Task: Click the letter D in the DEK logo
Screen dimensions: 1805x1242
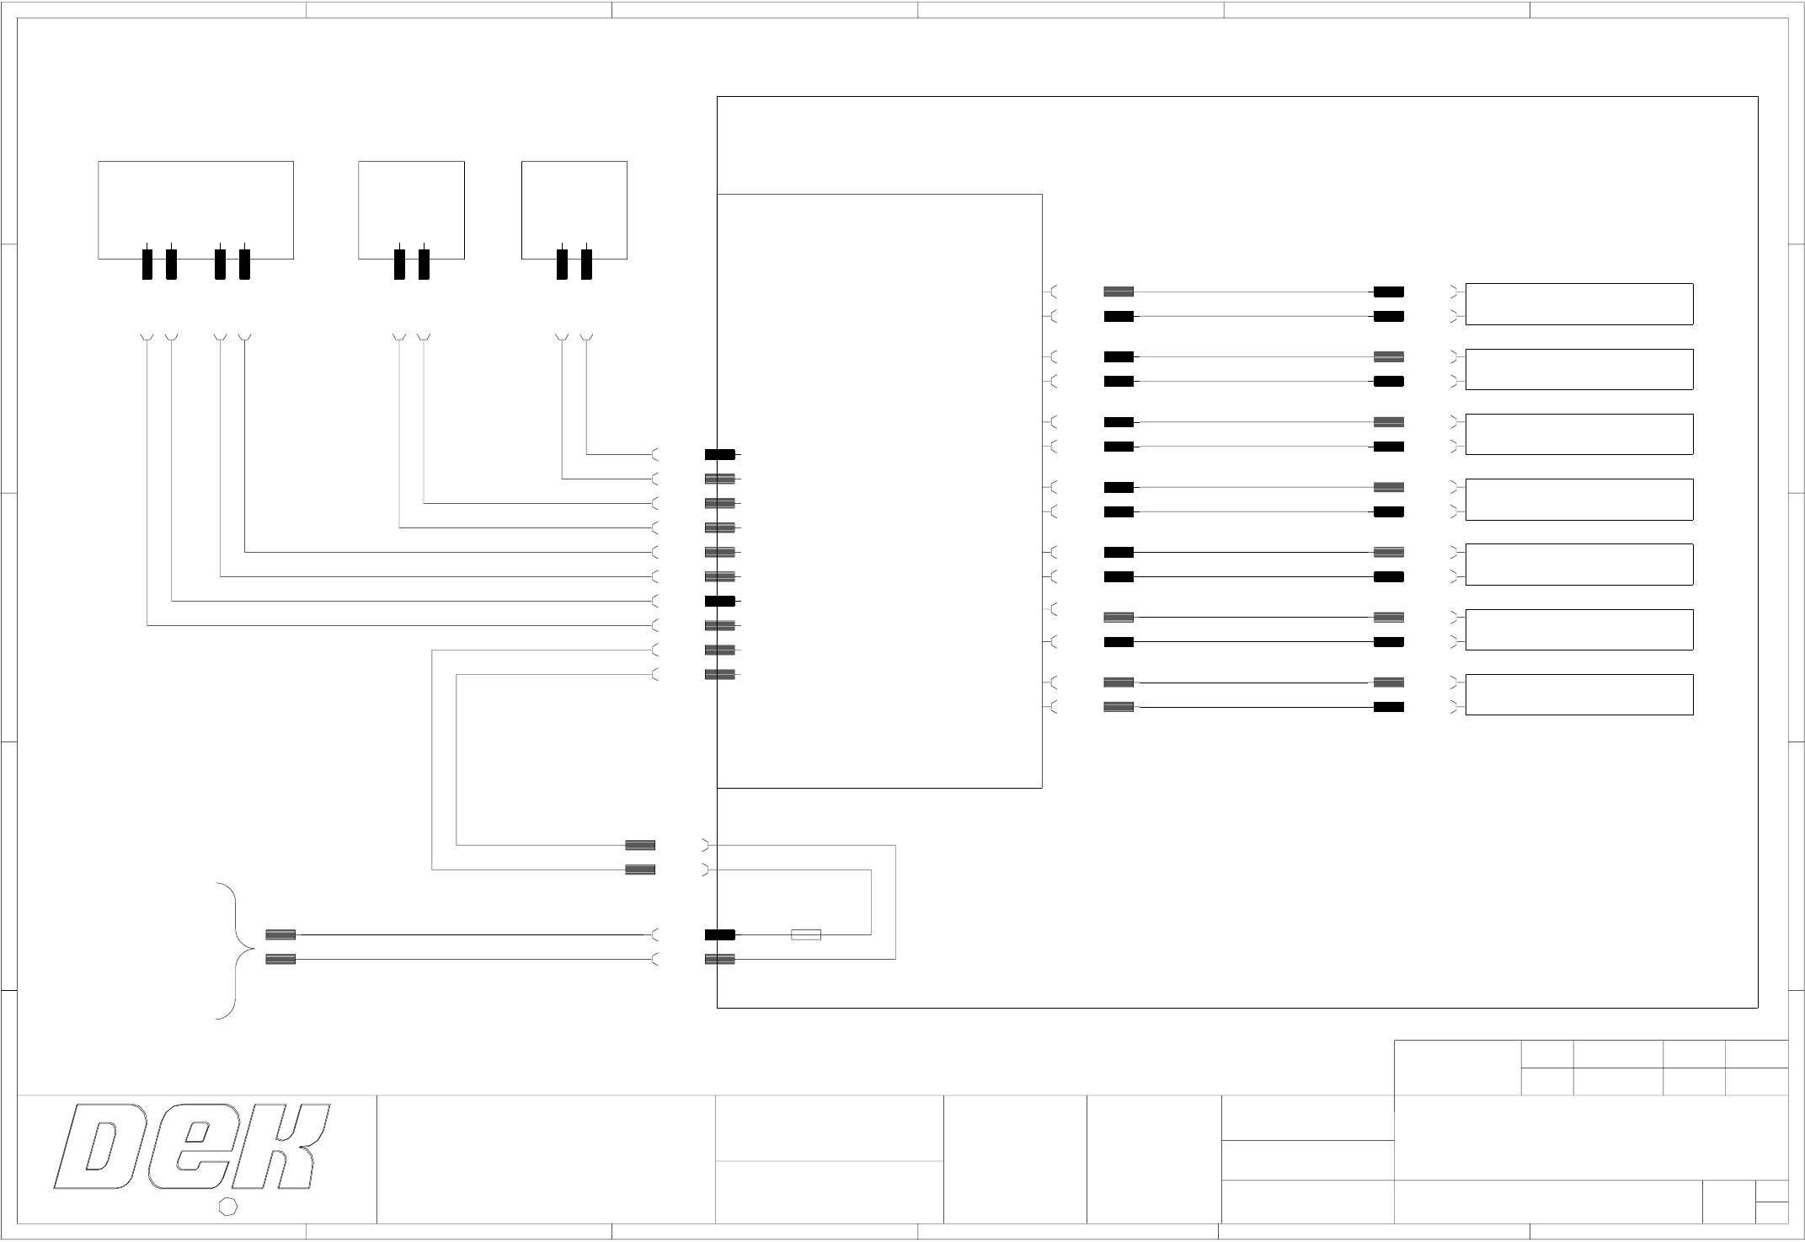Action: (99, 1148)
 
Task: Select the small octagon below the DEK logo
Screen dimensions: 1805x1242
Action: (227, 1207)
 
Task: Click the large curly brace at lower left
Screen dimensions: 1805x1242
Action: (236, 950)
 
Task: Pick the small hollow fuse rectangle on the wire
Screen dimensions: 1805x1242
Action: (806, 934)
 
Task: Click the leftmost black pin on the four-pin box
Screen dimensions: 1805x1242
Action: (147, 264)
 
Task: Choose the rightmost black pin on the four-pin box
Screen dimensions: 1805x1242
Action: (244, 264)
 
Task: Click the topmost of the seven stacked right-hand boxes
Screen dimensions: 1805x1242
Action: (1578, 304)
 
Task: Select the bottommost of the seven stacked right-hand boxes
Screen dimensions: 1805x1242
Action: (1578, 694)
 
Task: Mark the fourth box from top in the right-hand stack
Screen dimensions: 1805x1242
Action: (1578, 500)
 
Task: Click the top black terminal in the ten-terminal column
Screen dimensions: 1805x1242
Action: (719, 455)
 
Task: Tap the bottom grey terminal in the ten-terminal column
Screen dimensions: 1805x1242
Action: (719, 675)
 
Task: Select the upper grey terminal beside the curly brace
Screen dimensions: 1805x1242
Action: (280, 934)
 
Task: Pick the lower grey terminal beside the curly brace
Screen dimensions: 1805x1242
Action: (280, 959)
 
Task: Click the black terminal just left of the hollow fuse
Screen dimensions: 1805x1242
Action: (719, 934)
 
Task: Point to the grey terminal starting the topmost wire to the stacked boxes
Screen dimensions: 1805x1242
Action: (1119, 292)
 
